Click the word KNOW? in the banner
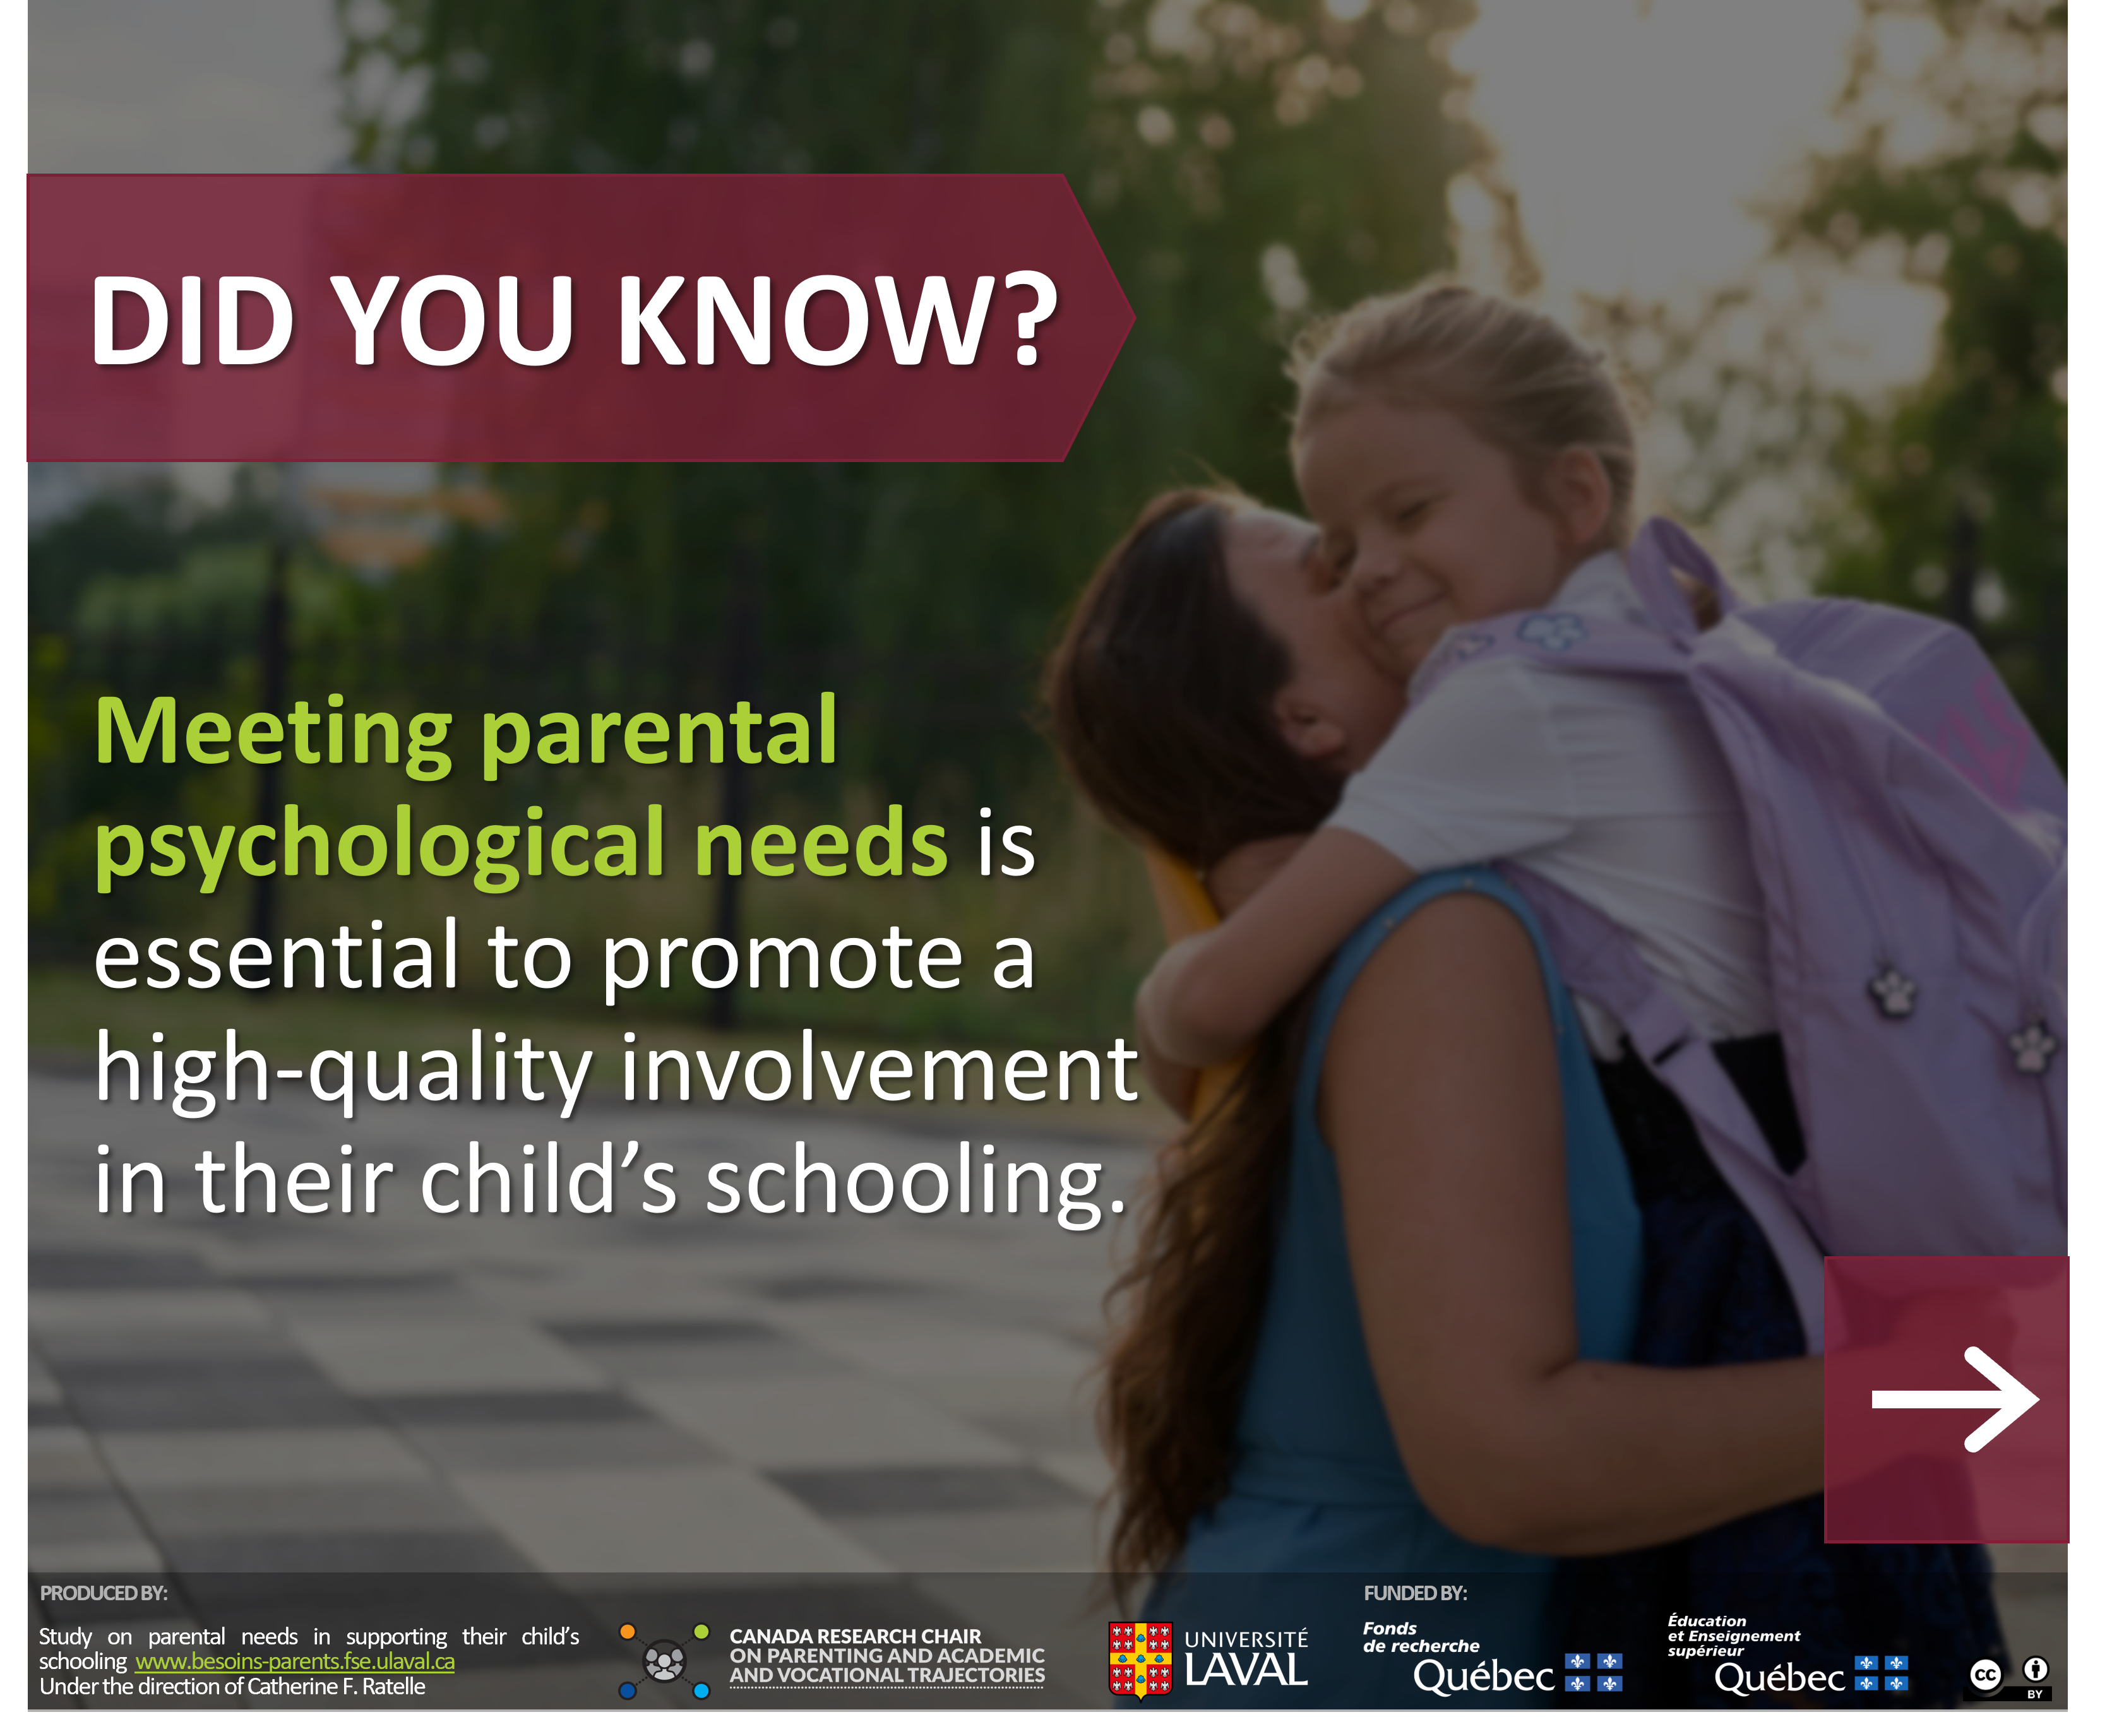pos(837,319)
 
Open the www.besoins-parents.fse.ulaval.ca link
pos(295,1661)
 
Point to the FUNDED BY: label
pos(1414,1593)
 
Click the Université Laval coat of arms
pos(1140,1660)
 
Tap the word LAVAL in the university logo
pos(1246,1670)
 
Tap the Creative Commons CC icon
pos(1985,1675)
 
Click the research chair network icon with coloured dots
pos(664,1661)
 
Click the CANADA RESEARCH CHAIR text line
pos(855,1637)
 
